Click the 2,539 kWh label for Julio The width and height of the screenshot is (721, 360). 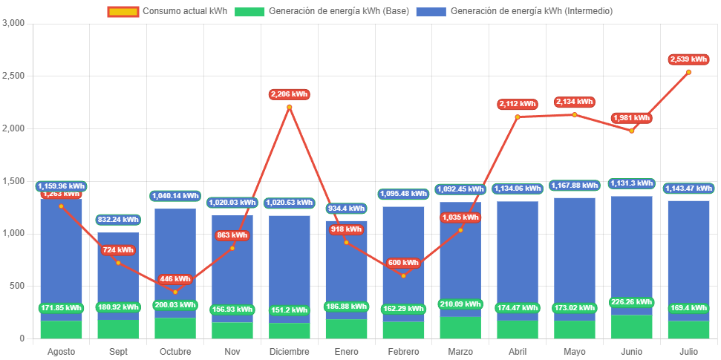click(x=688, y=59)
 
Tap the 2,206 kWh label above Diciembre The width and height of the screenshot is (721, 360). click(x=289, y=94)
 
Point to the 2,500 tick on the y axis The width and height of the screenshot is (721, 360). click(x=14, y=76)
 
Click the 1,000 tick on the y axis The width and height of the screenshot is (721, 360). click(x=14, y=233)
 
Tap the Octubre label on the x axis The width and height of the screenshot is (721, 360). click(x=175, y=351)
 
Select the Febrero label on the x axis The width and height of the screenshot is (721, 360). click(x=403, y=351)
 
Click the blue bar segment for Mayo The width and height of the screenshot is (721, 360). click(x=574, y=252)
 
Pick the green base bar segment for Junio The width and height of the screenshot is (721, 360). click(x=631, y=327)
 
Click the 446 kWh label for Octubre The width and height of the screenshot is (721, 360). click(x=175, y=279)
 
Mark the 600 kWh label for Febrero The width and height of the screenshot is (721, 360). click(x=403, y=263)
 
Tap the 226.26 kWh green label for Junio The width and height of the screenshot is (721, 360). click(x=631, y=302)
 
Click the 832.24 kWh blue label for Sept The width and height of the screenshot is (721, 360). click(x=118, y=220)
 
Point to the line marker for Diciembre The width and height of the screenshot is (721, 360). click(x=289, y=107)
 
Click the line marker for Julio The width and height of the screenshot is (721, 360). click(x=688, y=72)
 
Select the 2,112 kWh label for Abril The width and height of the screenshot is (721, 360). click(x=517, y=104)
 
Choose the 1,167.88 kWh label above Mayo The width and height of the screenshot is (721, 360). click(x=574, y=186)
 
